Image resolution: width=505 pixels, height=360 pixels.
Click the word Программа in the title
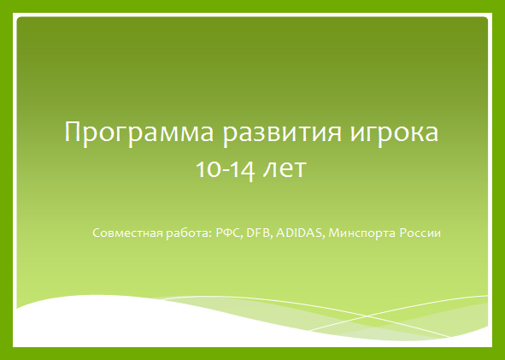tap(139, 133)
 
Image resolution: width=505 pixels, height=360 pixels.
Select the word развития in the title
tap(282, 133)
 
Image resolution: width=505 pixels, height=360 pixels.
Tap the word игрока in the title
tap(394, 133)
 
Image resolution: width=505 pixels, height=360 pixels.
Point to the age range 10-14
tap(226, 169)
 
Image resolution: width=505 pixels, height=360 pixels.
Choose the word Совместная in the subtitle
tap(127, 233)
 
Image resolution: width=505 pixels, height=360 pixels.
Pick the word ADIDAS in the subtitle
tap(299, 233)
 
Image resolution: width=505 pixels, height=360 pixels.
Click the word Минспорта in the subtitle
tap(362, 233)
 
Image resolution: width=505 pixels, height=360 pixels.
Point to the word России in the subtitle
tap(420, 233)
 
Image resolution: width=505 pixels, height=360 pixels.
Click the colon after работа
tap(210, 234)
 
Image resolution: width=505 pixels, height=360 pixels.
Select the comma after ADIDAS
tap(323, 237)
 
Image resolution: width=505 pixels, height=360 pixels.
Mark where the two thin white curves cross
tap(367, 316)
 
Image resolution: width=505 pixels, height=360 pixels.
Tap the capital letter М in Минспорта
tap(333, 233)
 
